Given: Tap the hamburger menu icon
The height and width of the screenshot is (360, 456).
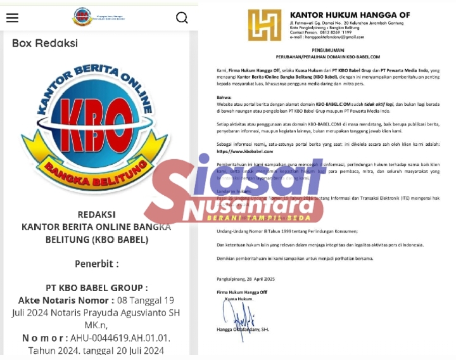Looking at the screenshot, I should [12, 18].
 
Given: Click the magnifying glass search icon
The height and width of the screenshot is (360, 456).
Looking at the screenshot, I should [182, 18].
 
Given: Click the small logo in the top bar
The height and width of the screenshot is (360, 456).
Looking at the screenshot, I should [82, 16].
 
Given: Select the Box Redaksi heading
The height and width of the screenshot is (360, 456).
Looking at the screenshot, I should [45, 43].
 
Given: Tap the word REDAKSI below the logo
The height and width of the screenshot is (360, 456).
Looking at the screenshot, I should [96, 214].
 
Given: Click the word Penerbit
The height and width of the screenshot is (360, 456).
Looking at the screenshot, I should [96, 263].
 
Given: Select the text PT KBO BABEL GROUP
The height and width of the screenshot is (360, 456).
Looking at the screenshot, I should [96, 288].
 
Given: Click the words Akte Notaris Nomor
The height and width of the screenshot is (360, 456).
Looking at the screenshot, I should [61, 300].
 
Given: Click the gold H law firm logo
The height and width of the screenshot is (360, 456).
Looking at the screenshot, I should [264, 25].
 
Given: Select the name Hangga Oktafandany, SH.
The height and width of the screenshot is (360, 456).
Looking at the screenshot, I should [243, 330].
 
